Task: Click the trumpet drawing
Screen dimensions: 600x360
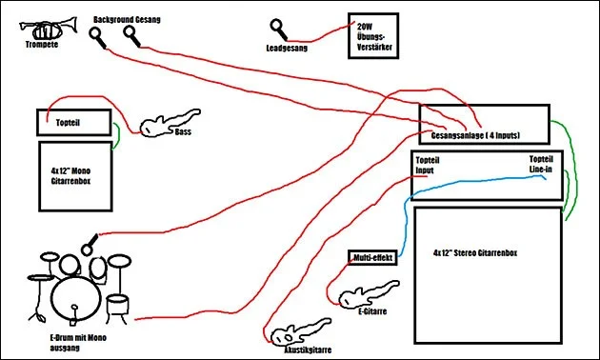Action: coord(49,28)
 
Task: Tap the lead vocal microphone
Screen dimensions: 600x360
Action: coord(278,30)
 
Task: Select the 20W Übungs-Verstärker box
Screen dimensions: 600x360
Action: coord(373,36)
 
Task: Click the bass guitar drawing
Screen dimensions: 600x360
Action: coord(169,123)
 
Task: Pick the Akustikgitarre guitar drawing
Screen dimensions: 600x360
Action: coord(300,331)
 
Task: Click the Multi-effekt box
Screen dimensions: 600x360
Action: coord(372,257)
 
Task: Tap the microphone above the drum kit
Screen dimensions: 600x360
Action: coord(90,245)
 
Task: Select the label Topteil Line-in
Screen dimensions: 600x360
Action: coord(541,164)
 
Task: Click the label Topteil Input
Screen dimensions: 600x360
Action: coord(427,166)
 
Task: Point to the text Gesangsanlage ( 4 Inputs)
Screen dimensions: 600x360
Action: coord(475,135)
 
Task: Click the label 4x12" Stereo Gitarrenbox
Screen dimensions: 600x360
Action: coord(475,253)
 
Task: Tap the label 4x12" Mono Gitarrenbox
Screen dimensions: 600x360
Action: coord(70,176)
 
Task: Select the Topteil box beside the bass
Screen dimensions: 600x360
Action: coord(74,123)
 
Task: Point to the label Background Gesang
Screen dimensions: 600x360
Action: coord(127,19)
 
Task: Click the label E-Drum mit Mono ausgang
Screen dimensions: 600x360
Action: coord(78,343)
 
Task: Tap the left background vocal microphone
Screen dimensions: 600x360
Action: coord(97,37)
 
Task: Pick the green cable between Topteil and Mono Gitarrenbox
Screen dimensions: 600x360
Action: coord(118,136)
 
